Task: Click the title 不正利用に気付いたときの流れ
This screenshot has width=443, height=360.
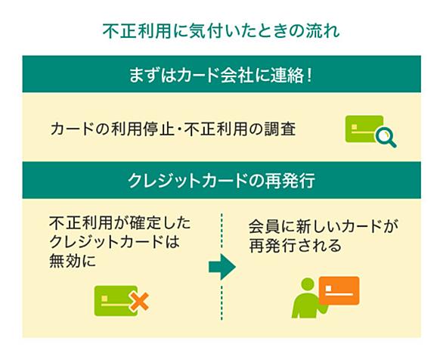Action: tap(221, 30)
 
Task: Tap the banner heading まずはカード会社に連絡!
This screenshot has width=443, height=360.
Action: tap(221, 76)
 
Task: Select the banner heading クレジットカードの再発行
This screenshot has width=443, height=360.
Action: tap(221, 181)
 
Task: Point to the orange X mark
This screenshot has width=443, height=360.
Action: tap(140, 302)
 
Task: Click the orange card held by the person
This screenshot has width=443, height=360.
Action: tap(339, 290)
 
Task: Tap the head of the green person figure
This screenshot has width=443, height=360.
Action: tap(308, 284)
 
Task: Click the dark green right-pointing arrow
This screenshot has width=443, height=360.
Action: tap(222, 267)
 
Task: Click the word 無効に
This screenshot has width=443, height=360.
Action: tap(73, 261)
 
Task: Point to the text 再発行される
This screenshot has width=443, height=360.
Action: tap(296, 245)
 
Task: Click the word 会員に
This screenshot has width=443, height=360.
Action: tap(271, 227)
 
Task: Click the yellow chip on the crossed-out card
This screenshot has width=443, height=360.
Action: tap(104, 299)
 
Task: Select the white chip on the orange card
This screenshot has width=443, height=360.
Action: tap(328, 288)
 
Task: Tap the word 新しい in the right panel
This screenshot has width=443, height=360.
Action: tap(317, 227)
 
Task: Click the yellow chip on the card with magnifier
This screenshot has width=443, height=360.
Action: tap(355, 127)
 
